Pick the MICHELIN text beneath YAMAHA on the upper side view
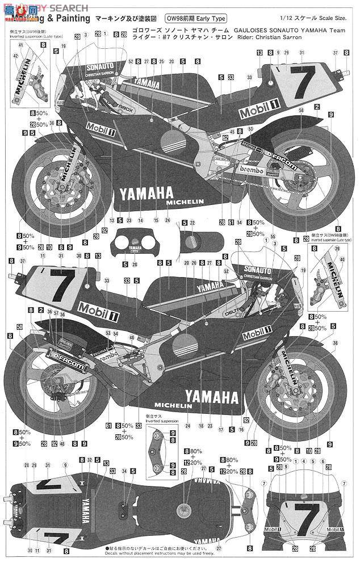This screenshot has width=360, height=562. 184,202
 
